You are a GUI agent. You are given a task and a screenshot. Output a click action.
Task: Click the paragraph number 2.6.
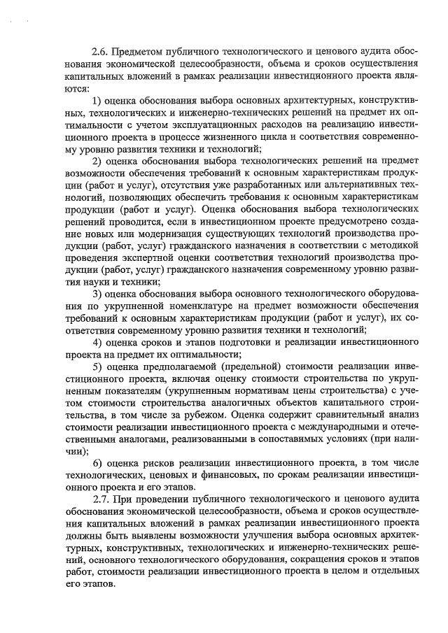coord(100,52)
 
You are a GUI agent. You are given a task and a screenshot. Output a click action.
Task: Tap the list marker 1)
coord(98,103)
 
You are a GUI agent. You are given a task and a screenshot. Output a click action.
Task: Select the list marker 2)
coord(98,160)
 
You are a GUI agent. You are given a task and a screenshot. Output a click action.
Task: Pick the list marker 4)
coord(98,342)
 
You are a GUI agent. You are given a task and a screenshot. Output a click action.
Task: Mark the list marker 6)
coord(98,464)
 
